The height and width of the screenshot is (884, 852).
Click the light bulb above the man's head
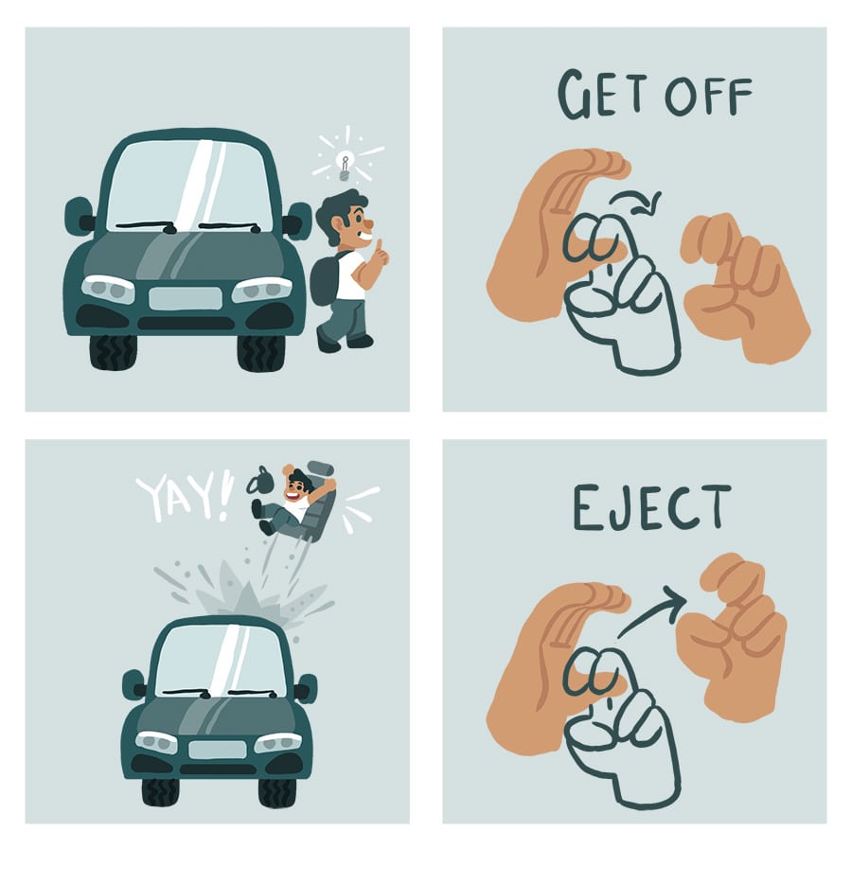point(346,166)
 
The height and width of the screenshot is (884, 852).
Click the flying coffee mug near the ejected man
point(260,480)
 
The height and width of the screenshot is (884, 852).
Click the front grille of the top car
point(186,298)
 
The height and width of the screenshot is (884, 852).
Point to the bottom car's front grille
point(217,750)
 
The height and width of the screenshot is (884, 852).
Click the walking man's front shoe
point(360,341)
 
